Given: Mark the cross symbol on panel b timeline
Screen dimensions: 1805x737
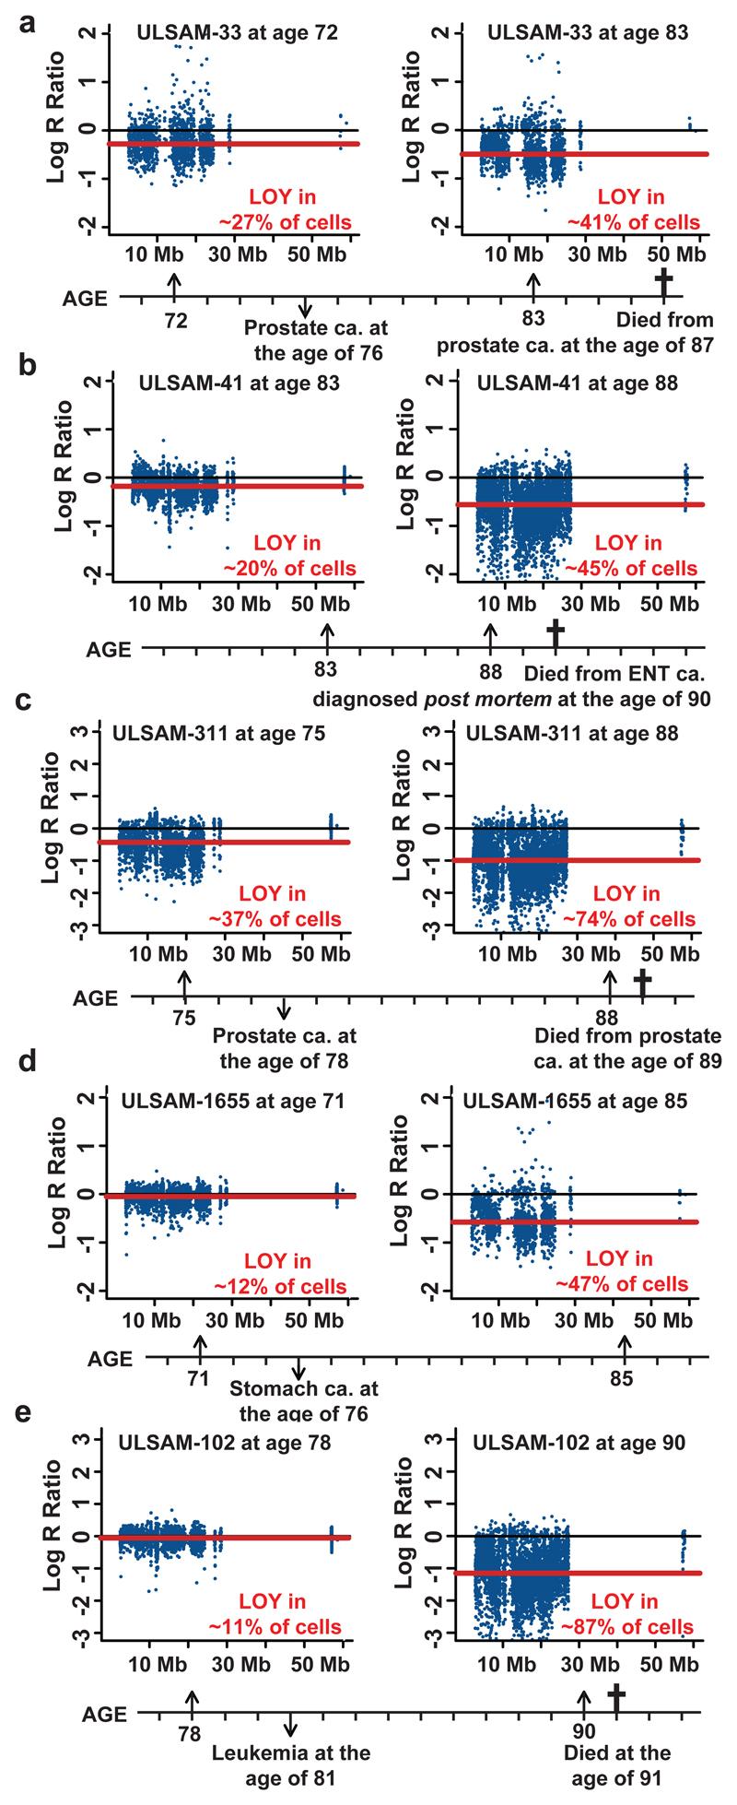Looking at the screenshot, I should (x=555, y=633).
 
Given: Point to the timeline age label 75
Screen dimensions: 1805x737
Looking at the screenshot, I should (x=184, y=1017).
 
